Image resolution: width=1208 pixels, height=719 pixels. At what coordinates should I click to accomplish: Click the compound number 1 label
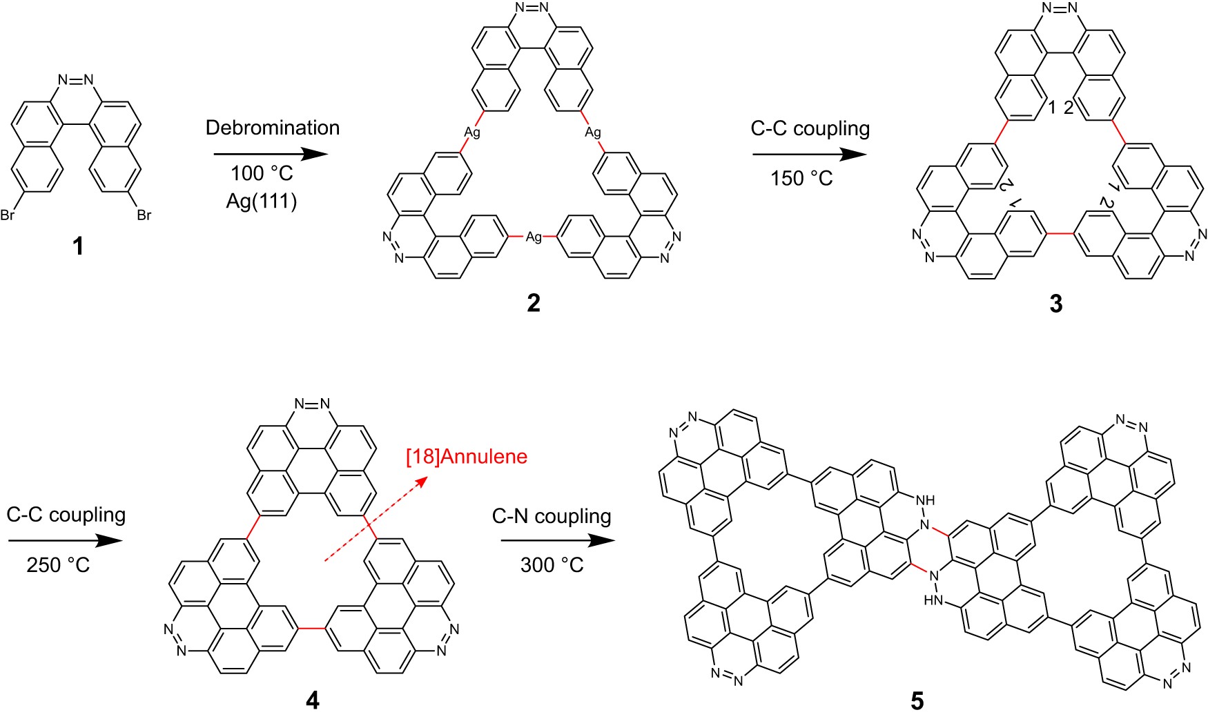[x=78, y=246]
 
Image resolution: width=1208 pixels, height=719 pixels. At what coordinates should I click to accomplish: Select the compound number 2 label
[x=533, y=302]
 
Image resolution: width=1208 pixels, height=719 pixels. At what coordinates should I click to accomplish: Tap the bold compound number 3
[x=1056, y=303]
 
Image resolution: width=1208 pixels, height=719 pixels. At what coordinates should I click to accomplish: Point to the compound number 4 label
[x=312, y=700]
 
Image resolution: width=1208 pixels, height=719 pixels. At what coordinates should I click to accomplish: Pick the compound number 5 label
[x=917, y=701]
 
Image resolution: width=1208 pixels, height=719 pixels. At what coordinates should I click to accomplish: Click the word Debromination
[x=273, y=128]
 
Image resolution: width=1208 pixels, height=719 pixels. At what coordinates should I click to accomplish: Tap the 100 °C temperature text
[x=262, y=173]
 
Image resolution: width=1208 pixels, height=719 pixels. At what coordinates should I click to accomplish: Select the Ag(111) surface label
[x=262, y=201]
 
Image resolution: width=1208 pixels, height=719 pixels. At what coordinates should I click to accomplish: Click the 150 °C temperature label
[x=801, y=179]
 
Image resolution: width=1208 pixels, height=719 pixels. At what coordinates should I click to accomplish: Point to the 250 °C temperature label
[x=58, y=565]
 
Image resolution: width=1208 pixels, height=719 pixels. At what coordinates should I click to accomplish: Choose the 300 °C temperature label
[x=552, y=565]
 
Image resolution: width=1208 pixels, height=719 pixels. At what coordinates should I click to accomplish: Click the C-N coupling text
[x=552, y=516]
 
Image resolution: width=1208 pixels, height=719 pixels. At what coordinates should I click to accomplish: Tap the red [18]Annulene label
[x=467, y=457]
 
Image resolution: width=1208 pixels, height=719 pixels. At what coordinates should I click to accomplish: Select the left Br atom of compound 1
[x=8, y=215]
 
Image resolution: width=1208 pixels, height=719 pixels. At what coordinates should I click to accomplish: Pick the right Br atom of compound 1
[x=144, y=215]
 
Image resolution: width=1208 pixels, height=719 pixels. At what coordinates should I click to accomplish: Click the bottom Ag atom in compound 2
[x=534, y=237]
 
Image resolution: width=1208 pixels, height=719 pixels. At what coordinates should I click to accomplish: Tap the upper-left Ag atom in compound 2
[x=472, y=132]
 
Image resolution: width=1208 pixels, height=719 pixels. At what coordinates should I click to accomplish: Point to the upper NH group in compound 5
[x=925, y=500]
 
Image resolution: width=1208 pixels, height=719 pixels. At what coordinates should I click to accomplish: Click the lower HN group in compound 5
[x=933, y=600]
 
